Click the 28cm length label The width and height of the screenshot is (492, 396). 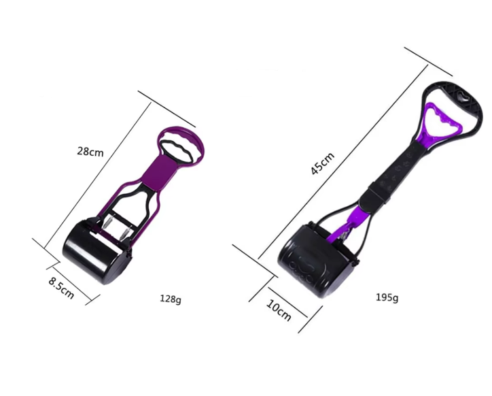pos(90,152)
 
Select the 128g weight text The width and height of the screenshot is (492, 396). pos(171,299)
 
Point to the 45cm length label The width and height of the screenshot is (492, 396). pos(323,163)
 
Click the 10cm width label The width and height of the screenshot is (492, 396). pos(279,310)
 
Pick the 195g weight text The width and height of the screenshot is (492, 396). pos(387,297)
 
